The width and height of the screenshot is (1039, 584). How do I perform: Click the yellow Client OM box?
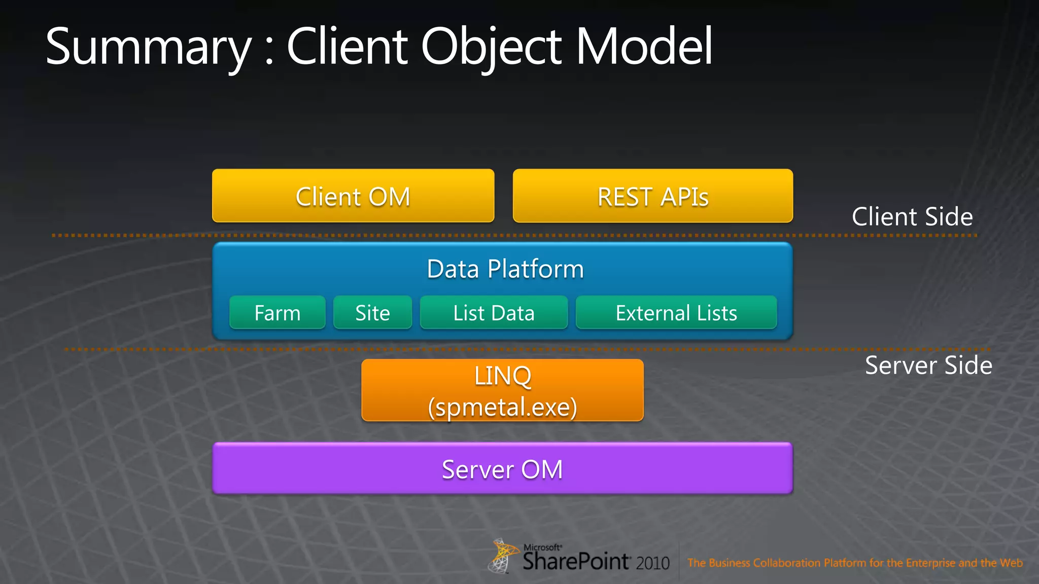coord(353,196)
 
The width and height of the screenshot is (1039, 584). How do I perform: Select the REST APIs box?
coord(653,196)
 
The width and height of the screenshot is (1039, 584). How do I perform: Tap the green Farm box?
coord(278,313)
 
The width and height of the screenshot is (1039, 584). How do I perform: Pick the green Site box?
coord(372,313)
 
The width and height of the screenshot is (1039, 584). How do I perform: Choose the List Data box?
coord(494,313)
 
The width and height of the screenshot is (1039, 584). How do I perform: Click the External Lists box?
coord(676,313)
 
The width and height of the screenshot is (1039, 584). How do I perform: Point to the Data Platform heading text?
coord(505,269)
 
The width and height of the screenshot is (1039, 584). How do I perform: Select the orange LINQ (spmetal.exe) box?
coord(502,390)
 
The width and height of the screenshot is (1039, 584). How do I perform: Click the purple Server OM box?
coord(502,468)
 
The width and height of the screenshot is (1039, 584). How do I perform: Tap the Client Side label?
coord(912,216)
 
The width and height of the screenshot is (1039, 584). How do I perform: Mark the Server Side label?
coord(928,365)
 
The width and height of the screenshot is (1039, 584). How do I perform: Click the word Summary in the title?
coord(148,47)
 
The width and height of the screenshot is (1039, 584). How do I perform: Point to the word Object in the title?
coord(491,47)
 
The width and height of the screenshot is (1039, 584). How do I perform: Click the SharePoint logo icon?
coord(502,556)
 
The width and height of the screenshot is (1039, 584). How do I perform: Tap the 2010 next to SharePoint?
coord(653,563)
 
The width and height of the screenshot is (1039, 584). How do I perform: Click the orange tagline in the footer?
coord(855,563)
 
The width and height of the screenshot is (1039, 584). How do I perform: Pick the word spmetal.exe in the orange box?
coord(502,407)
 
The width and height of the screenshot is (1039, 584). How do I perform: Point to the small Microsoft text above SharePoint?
coord(542,547)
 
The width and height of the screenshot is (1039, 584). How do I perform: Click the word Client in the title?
coord(348,47)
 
